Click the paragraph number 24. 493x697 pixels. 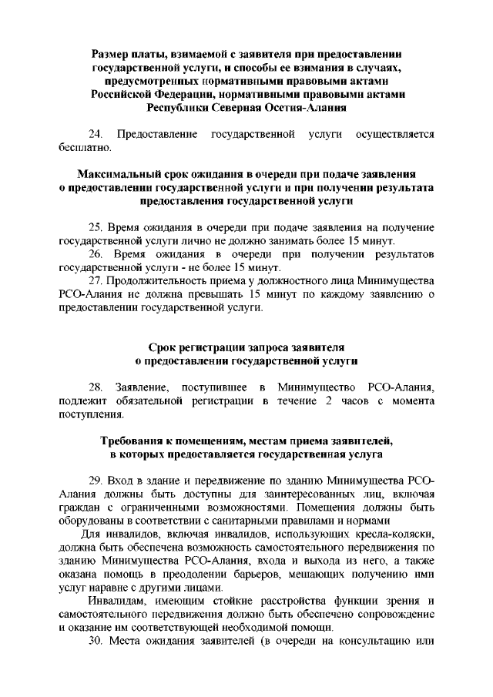coord(96,135)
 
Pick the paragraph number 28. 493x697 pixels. coord(96,387)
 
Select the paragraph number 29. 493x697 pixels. coord(96,481)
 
